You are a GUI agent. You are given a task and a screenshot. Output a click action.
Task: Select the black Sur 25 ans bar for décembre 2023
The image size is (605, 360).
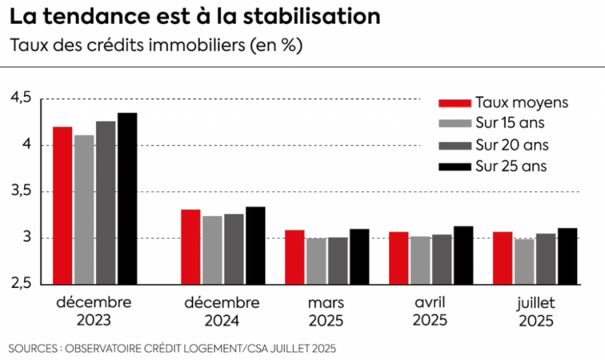click(127, 198)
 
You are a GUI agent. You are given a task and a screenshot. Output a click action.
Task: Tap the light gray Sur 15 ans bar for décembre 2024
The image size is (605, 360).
click(213, 250)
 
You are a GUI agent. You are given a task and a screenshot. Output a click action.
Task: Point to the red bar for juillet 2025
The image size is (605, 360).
click(503, 258)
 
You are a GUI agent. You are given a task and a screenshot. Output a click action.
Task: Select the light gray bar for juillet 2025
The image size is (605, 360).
click(524, 261)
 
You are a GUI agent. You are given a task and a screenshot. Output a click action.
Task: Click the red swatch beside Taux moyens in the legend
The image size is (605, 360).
click(454, 102)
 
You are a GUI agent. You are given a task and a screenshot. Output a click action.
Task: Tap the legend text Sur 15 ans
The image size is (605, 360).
click(510, 124)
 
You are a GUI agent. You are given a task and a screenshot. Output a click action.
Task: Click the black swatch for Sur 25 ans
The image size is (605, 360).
click(454, 165)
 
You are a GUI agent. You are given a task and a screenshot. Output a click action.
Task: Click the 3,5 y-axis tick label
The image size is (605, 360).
click(20, 192)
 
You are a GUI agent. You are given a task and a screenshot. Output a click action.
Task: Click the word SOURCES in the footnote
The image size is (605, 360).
click(34, 348)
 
